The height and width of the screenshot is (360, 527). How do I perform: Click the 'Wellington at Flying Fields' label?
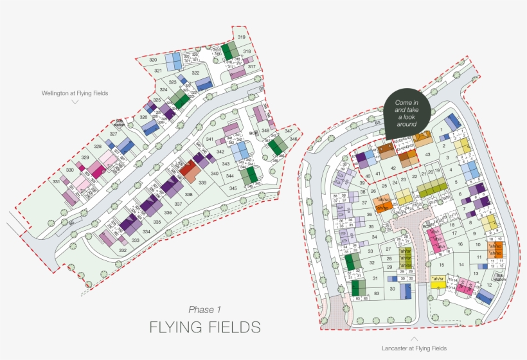click(75, 93)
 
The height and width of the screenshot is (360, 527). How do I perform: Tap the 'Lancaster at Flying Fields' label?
click(414, 348)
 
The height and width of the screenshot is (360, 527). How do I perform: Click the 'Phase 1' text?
click(205, 309)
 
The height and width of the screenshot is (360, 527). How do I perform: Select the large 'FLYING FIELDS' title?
click(205, 327)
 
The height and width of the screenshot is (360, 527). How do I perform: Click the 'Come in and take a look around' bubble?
click(407, 112)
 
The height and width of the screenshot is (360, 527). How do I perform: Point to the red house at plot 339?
click(189, 170)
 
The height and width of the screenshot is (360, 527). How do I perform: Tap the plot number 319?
click(242, 38)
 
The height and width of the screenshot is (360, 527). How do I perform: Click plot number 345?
click(233, 188)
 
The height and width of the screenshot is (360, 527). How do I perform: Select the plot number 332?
click(123, 249)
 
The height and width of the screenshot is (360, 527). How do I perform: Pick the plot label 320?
click(154, 60)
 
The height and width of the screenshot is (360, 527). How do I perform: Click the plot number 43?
click(427, 154)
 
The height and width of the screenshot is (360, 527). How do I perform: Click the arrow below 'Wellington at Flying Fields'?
click(75, 102)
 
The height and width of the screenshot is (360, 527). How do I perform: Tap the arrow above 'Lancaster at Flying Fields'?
click(414, 338)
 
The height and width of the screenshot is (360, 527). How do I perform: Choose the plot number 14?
click(460, 265)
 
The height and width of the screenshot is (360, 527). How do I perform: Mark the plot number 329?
click(85, 157)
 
